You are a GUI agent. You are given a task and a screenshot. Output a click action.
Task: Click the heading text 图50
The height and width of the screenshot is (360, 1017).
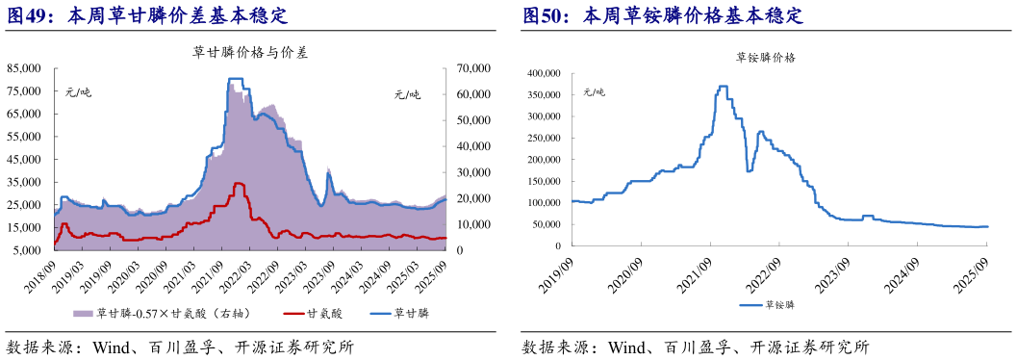coord(546,16)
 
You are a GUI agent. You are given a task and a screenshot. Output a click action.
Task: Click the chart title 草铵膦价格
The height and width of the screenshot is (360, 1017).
coord(766,58)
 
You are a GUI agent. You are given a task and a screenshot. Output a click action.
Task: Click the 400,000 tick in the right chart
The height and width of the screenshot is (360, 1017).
coord(545,73)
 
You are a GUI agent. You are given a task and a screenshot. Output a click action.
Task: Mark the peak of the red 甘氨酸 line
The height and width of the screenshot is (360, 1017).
coord(239,183)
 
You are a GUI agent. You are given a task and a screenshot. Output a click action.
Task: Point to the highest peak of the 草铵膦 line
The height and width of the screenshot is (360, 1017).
coord(722,86)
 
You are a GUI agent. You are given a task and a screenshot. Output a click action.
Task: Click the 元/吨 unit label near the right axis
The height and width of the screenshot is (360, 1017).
coord(407,93)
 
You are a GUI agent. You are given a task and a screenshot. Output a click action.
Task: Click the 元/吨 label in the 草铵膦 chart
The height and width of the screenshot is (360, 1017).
coord(593,92)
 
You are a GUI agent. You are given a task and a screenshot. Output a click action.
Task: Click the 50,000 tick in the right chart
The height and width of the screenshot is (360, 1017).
coord(547,225)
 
